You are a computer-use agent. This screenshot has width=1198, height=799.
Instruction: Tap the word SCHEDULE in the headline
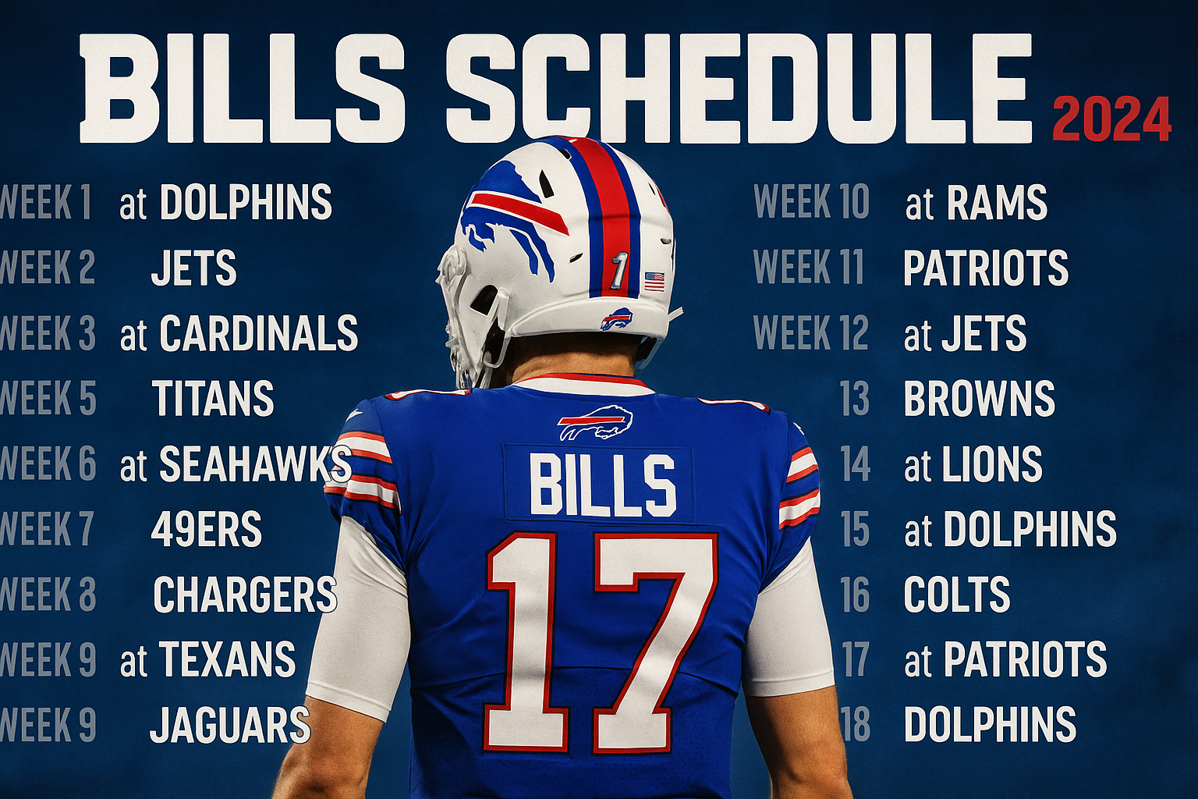[739, 88]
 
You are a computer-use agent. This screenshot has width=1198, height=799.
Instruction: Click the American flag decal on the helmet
[654, 281]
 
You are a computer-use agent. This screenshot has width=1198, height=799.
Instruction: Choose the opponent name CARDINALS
[258, 333]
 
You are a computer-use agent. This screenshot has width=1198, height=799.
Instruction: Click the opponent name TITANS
[213, 398]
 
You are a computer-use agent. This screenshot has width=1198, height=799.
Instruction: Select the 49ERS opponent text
[207, 529]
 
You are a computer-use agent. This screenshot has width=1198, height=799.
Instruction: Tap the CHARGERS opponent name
[245, 594]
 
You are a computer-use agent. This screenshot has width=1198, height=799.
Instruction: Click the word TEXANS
[227, 659]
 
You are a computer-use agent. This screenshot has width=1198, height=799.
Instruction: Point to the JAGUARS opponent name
[230, 725]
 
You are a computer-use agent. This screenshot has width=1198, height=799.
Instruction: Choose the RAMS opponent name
[997, 202]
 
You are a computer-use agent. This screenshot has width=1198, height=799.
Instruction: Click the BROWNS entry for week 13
[980, 398]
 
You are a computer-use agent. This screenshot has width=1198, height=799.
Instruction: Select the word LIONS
[992, 463]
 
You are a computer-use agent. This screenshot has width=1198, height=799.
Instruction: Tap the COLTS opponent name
[957, 594]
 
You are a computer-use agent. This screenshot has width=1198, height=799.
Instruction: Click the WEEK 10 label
[812, 202]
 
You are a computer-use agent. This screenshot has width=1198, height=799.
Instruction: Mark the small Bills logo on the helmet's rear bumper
[617, 319]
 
